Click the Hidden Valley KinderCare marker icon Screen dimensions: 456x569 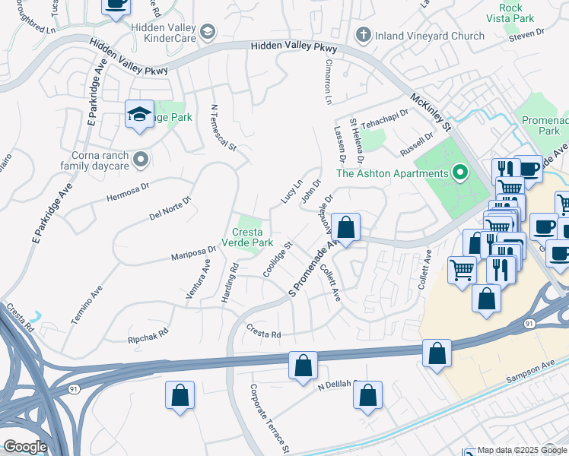click(x=208, y=32)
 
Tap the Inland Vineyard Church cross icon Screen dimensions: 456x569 click(x=363, y=36)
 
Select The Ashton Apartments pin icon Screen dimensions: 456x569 click(x=459, y=173)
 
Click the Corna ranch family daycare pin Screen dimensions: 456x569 click(x=140, y=160)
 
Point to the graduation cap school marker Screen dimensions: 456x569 click(x=139, y=115)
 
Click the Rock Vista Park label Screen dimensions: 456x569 click(x=512, y=12)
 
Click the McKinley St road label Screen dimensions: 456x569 click(x=431, y=112)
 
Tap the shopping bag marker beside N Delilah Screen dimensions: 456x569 click(x=367, y=395)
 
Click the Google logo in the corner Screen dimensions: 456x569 click(x=25, y=447)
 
